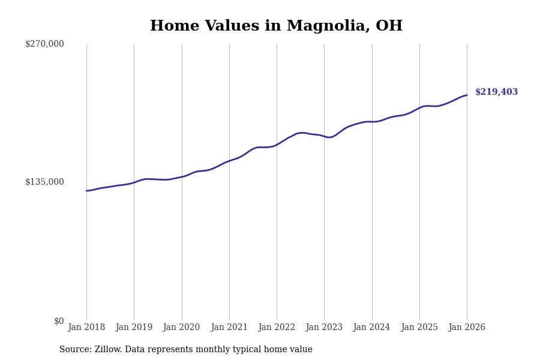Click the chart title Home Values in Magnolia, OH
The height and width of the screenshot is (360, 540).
tap(276, 26)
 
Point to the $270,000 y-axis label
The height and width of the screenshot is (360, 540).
tap(44, 44)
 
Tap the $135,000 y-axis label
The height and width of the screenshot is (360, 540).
tap(44, 182)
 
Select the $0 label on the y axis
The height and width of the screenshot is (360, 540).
tap(59, 321)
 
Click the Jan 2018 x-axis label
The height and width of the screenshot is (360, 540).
tap(86, 327)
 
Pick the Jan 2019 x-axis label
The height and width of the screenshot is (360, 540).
tap(134, 327)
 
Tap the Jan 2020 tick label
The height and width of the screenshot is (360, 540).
tap(181, 327)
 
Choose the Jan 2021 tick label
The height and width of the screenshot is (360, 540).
tap(229, 327)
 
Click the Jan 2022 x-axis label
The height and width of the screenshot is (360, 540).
tap(277, 327)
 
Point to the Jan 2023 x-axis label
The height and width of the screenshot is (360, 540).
tap(324, 327)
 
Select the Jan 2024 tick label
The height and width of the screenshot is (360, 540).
tap(371, 327)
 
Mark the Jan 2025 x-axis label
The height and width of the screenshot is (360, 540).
tap(419, 327)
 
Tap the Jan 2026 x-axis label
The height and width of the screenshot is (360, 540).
tap(467, 327)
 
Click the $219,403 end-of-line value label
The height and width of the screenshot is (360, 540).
tap(496, 92)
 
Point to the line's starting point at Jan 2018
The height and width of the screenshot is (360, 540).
tap(86, 191)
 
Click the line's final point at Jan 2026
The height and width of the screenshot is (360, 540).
tap(467, 95)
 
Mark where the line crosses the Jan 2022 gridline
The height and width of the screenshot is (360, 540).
tap(277, 145)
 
